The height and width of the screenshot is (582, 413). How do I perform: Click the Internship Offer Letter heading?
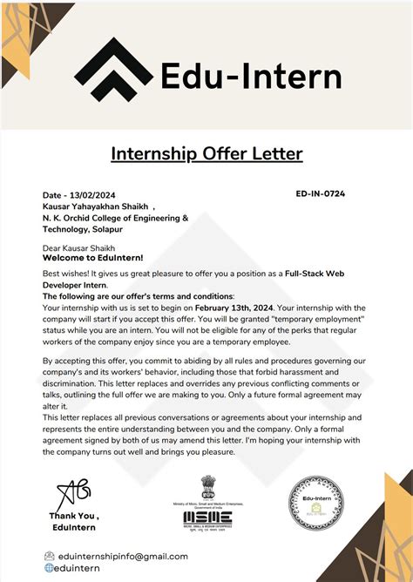pyautogui.click(x=206, y=154)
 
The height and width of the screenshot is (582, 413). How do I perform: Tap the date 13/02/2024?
pyautogui.click(x=97, y=194)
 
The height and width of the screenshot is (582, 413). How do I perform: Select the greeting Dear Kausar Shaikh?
pyautogui.click(x=80, y=247)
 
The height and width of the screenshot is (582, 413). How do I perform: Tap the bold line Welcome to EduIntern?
pyautogui.click(x=92, y=258)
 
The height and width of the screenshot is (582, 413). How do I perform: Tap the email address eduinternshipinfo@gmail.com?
pyautogui.click(x=122, y=556)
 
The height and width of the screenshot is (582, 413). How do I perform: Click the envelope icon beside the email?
pyautogui.click(x=50, y=556)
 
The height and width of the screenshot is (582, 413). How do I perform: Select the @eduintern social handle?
pyautogui.click(x=85, y=568)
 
